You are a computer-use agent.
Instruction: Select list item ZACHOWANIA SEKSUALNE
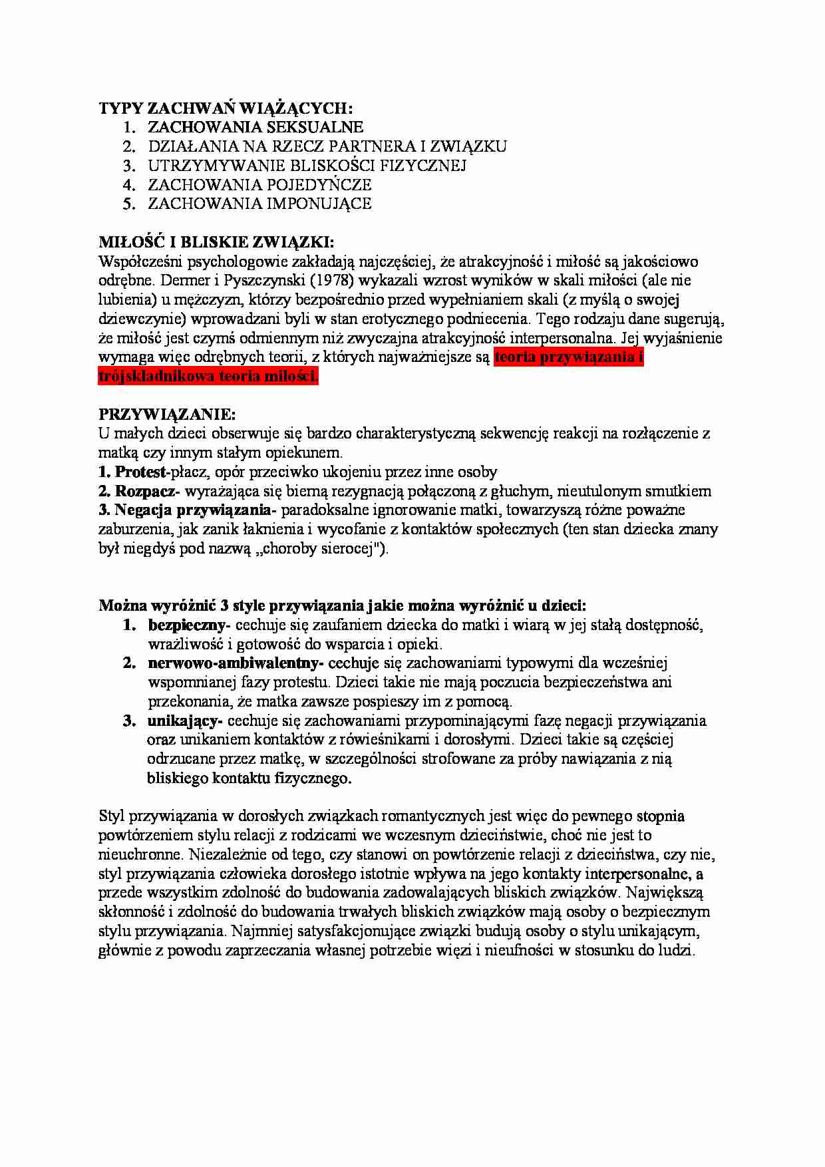(x=255, y=127)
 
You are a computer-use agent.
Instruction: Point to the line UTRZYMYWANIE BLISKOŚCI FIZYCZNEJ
(x=307, y=166)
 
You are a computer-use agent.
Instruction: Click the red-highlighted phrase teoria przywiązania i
(x=569, y=357)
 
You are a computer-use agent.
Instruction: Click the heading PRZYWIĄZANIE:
(x=167, y=415)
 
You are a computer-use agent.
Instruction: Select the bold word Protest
(x=140, y=472)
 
